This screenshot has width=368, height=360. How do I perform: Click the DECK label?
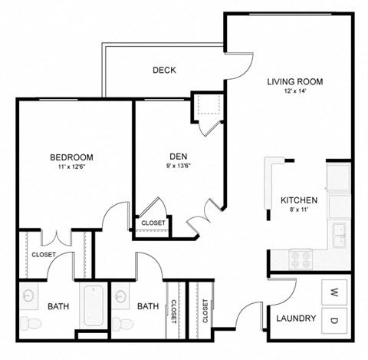click(x=164, y=70)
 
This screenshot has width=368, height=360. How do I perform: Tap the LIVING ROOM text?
click(x=294, y=81)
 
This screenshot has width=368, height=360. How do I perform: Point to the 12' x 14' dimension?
click(x=294, y=91)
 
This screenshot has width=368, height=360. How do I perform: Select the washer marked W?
click(x=334, y=292)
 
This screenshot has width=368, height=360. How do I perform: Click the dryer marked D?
click(x=334, y=319)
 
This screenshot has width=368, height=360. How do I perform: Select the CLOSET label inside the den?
click(x=153, y=223)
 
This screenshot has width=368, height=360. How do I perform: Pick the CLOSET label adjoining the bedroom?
click(x=44, y=255)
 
